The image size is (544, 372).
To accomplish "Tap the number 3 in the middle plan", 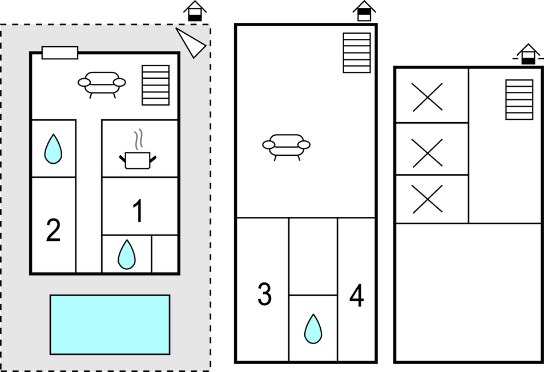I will (264, 294).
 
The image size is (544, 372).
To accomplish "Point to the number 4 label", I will (357, 297).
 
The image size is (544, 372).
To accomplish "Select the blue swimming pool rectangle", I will (110, 325).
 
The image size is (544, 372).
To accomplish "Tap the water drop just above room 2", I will (53, 149).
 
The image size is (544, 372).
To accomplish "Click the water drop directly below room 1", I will (126, 254).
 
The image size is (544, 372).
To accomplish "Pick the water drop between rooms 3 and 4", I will (312, 329).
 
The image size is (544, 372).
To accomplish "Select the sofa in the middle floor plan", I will (286, 145).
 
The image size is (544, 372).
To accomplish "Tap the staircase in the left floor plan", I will (155, 85).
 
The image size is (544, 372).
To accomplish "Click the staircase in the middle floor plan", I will (357, 52).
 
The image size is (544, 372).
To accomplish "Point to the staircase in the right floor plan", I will (519, 99).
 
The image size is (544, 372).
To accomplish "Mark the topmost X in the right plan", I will (428, 96).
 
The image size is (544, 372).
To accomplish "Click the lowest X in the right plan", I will (428, 199).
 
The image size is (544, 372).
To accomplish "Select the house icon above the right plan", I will (528, 54).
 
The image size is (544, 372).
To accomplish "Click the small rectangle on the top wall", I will (60, 53).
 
